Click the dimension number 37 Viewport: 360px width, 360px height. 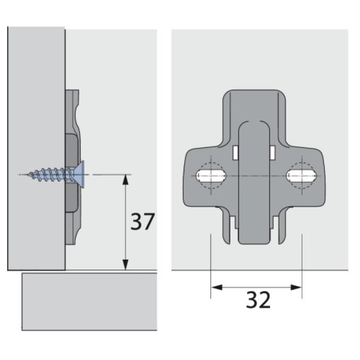[x=143, y=221]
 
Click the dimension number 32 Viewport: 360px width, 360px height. [x=258, y=300]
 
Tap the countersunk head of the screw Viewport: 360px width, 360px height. [x=80, y=174]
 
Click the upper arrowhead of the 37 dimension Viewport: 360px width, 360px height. [x=126, y=179]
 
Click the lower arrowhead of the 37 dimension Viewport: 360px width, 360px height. [x=126, y=265]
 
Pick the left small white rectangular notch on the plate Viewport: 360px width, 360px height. [x=234, y=153]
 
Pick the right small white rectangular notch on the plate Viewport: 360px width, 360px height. [x=273, y=153]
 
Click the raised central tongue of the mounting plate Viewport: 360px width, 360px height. [x=253, y=180]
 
